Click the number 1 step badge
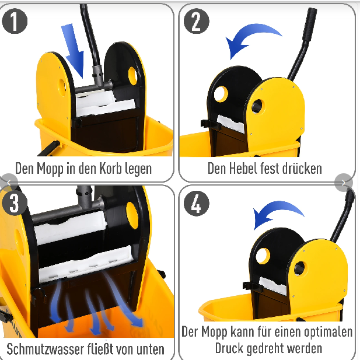pos(15,21)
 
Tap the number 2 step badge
pos(197,21)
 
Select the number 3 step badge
pos(15,203)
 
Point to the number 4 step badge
pos(197,204)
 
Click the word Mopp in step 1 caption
pos(50,169)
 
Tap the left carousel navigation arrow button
pos(9,183)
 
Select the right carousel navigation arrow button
pos(344,183)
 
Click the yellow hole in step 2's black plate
pos(221,94)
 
